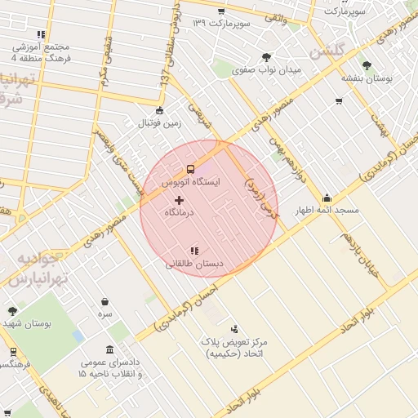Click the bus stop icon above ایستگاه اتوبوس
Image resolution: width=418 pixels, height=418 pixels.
(x=190, y=169)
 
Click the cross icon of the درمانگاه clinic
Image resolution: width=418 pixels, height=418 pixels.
(x=179, y=200)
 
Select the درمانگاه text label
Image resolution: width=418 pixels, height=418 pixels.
(x=179, y=212)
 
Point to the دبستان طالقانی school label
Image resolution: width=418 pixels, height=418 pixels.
(x=194, y=264)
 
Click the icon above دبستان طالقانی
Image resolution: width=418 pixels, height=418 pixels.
(x=194, y=251)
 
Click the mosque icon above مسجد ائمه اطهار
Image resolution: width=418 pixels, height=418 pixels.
(x=327, y=198)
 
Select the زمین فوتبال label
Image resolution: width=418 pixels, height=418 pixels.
(x=158, y=123)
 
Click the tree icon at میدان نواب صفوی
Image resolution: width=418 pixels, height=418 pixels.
(x=266, y=56)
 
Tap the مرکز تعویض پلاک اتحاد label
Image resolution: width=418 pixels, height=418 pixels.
(x=238, y=349)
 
